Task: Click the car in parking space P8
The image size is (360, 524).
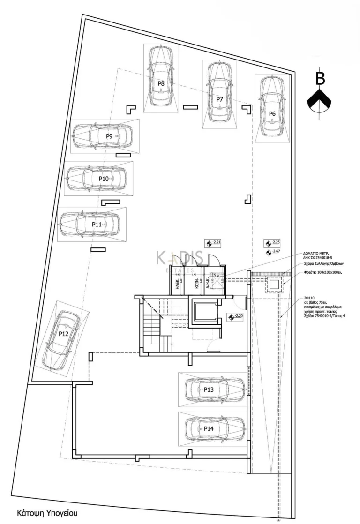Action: click(x=161, y=77)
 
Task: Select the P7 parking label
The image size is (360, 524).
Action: click(x=219, y=99)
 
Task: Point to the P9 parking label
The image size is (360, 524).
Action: click(x=109, y=136)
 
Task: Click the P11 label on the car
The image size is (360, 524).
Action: click(x=97, y=225)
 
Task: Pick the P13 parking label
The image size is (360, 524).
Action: click(x=209, y=389)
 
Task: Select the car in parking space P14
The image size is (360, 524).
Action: click(x=214, y=427)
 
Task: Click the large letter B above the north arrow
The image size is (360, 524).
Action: click(x=320, y=78)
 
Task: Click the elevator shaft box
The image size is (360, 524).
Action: click(x=205, y=312)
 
